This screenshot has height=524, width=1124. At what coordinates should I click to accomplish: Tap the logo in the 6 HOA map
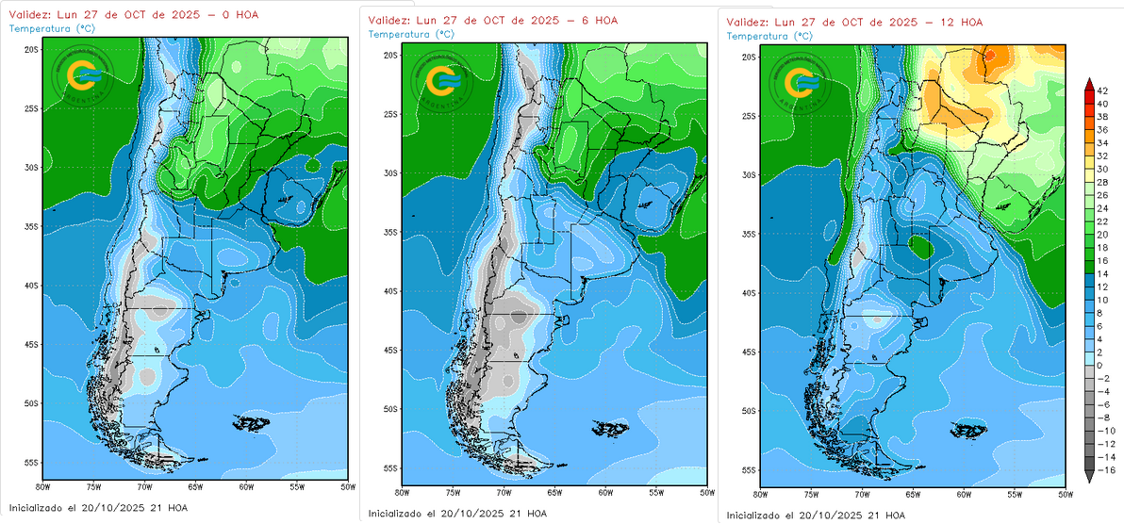click(x=442, y=82)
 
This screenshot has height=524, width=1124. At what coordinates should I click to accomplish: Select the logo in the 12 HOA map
click(x=802, y=82)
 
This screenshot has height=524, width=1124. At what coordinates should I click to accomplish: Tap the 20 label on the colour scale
click(x=1102, y=233)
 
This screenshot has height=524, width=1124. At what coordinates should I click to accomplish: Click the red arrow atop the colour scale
click(x=1089, y=86)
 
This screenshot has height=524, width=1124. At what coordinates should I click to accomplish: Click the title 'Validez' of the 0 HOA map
click(x=29, y=15)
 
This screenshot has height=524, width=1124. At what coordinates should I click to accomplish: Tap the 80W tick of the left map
click(x=41, y=487)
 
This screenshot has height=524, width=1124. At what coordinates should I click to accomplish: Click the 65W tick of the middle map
click(x=553, y=492)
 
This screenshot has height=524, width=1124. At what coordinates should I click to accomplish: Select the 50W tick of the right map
click(x=1066, y=494)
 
